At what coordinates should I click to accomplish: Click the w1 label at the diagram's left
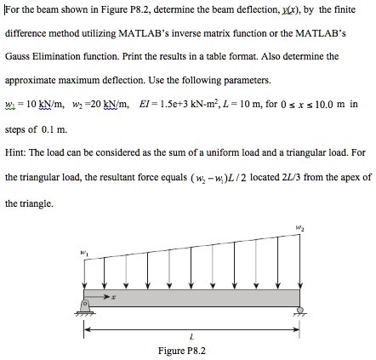pyautogui.click(x=83, y=251)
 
